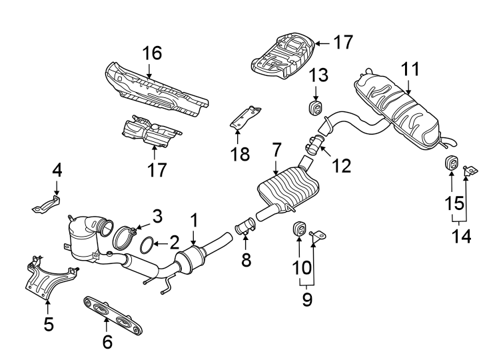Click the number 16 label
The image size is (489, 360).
click(x=152, y=53)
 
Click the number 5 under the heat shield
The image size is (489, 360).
click(x=48, y=325)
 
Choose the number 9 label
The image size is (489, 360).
click(x=306, y=299)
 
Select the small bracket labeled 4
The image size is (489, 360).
click(x=46, y=203)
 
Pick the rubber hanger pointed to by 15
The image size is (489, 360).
click(x=450, y=165)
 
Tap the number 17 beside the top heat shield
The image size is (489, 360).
click(x=342, y=43)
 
